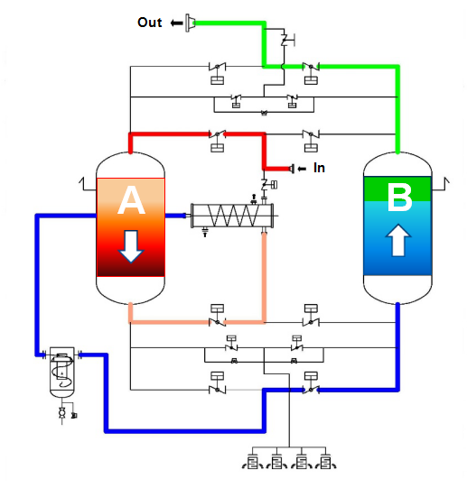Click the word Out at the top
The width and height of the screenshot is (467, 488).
(x=150, y=23)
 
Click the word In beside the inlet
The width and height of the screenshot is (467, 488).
(x=319, y=168)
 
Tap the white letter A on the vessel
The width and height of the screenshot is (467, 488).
(x=131, y=200)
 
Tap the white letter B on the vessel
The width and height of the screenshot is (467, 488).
(x=399, y=197)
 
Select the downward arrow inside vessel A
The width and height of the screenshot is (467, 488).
(x=131, y=246)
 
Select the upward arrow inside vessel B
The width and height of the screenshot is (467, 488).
(x=398, y=240)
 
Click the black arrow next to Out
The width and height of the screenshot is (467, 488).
(x=176, y=23)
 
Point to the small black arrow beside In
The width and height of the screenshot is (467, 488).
(x=302, y=169)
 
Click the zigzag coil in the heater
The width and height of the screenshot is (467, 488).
(x=233, y=216)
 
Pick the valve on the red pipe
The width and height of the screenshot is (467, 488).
(x=218, y=134)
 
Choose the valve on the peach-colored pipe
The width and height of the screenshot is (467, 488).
(x=218, y=322)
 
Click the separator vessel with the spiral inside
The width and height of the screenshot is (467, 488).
(x=62, y=372)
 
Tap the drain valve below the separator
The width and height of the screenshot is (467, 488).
(x=62, y=413)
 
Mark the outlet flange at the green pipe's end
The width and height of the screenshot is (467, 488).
(x=190, y=23)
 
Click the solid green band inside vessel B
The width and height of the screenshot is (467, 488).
(x=397, y=189)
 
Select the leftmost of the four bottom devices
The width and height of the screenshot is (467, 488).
(x=253, y=462)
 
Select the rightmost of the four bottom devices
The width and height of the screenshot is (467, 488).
(x=326, y=462)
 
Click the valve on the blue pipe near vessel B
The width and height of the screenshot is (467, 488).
(x=311, y=390)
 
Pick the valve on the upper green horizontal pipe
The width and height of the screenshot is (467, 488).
(x=311, y=66)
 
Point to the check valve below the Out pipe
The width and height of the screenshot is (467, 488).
(x=285, y=40)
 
